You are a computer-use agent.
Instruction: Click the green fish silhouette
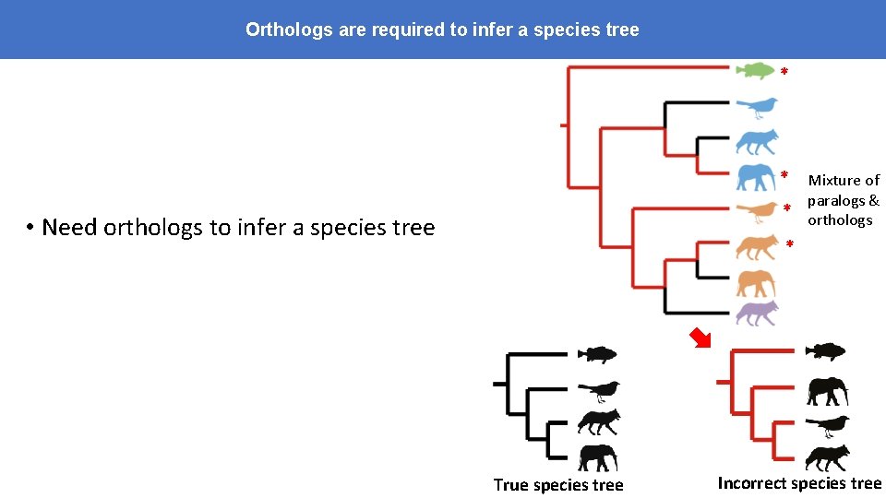756,71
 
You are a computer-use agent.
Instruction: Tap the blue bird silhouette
758,108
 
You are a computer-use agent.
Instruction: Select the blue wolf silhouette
757,141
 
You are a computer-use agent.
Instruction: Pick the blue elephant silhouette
757,176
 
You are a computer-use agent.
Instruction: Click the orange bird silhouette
758,211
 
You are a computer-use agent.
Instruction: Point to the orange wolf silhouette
757,246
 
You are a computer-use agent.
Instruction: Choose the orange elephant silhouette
756,281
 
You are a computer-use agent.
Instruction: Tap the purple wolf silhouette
757,313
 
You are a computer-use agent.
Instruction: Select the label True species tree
558,485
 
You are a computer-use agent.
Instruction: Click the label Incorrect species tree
799,483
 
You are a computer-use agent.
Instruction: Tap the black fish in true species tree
596,354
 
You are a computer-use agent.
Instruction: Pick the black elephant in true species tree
598,456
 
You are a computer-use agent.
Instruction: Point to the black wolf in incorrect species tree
826,457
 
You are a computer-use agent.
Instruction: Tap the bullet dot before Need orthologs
30,228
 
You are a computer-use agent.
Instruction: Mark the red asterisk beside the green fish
784,72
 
